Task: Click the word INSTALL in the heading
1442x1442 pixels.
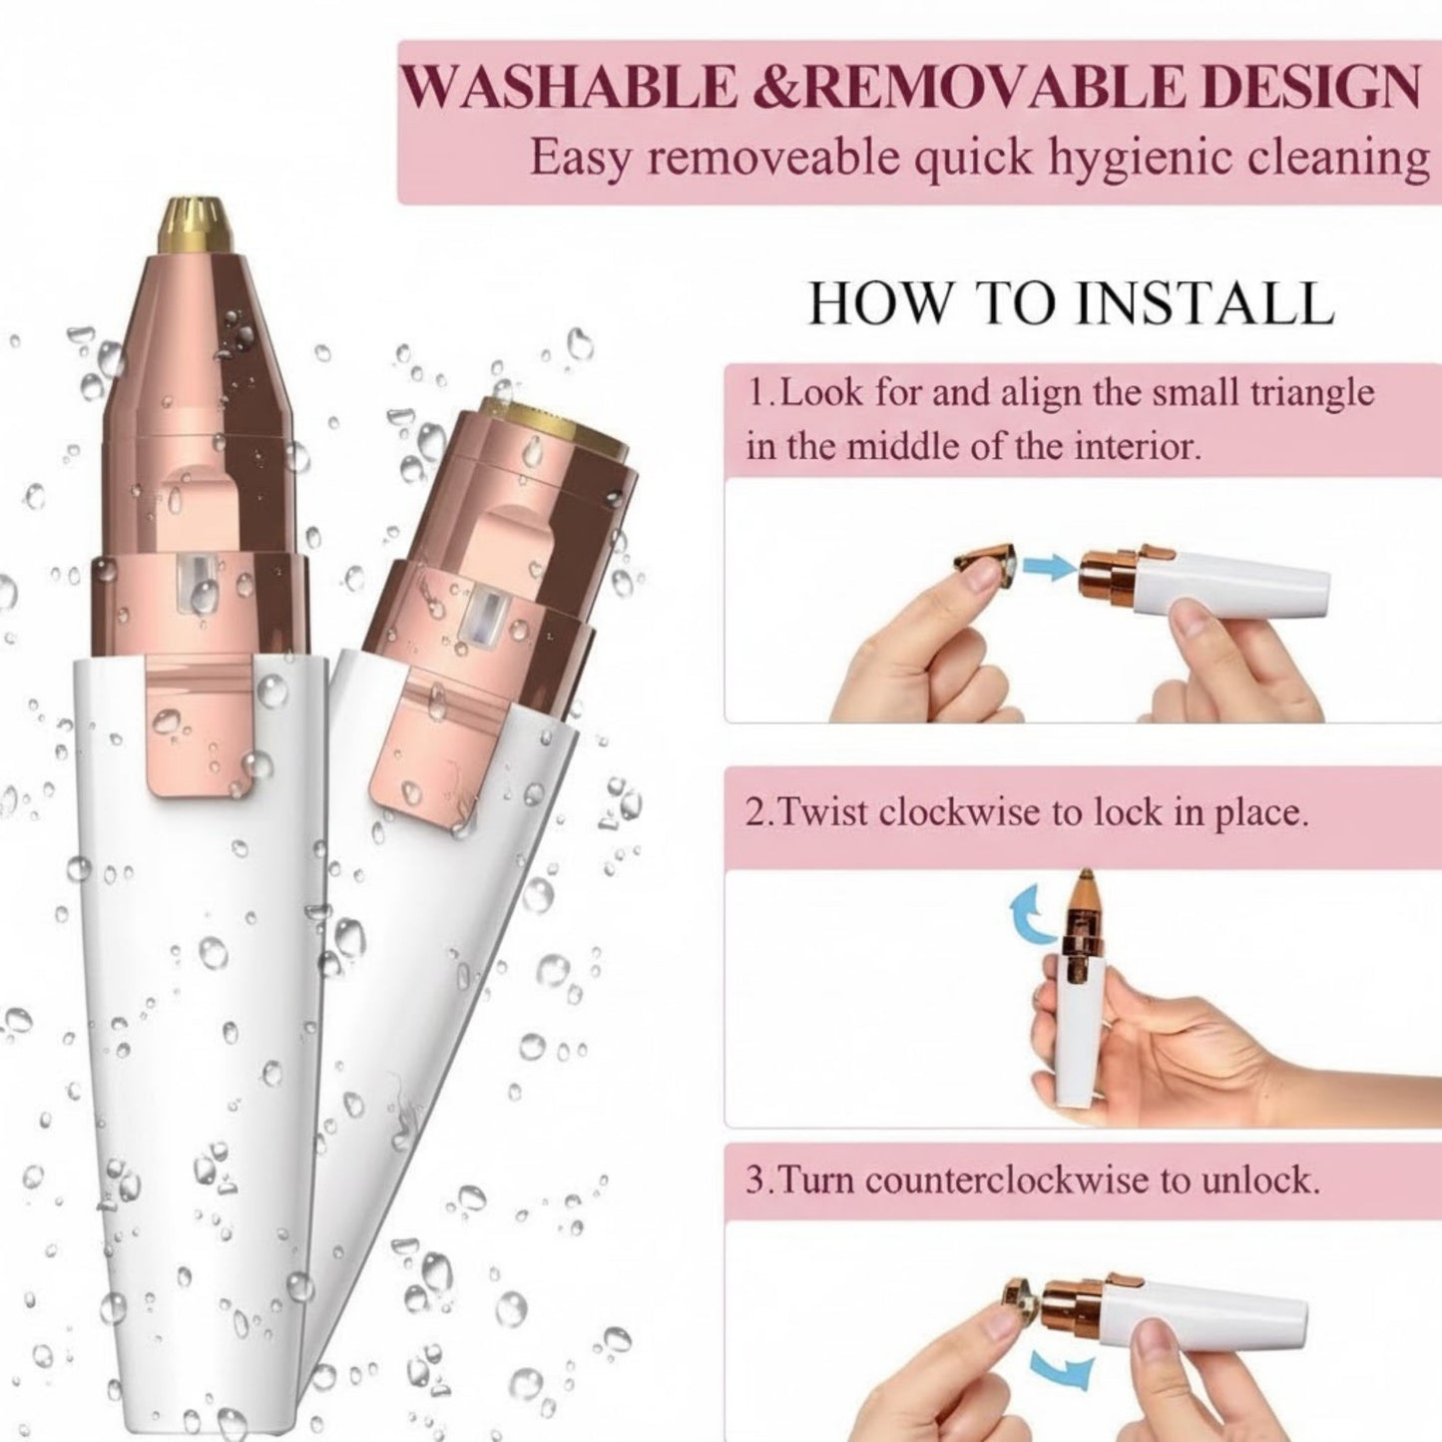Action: (x=1205, y=303)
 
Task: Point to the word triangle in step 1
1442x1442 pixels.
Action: (x=1312, y=393)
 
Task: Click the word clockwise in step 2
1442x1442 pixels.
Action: (x=961, y=812)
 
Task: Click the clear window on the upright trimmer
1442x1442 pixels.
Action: (x=197, y=588)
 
